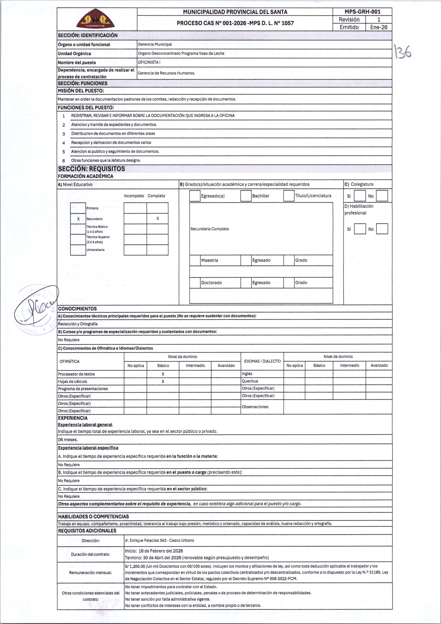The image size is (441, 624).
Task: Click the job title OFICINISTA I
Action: tap(149, 62)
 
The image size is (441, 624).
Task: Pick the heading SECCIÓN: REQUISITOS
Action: tap(92, 169)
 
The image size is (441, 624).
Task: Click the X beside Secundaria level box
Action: tap(78, 219)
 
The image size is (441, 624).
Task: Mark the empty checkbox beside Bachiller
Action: tap(246, 196)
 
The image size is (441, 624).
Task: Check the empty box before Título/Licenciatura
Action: tap(289, 196)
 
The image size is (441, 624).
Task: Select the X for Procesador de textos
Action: tap(163, 374)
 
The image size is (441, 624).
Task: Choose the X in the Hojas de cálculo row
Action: tap(163, 381)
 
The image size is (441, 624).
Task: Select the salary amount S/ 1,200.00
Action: tap(135, 566)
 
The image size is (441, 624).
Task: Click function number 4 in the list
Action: tap(64, 143)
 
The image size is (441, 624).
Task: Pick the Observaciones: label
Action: tap(255, 407)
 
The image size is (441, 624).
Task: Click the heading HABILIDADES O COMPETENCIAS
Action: tap(93, 516)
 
